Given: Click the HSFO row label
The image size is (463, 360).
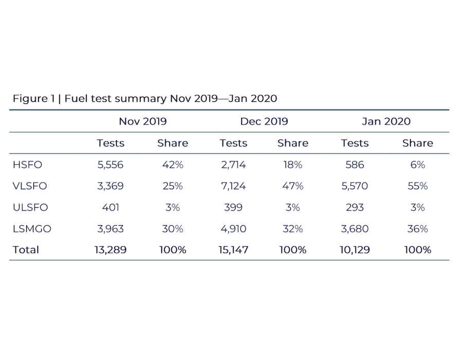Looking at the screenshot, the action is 27,165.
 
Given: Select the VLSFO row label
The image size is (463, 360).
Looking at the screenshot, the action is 30,186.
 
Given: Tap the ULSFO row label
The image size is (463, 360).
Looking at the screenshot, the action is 30,207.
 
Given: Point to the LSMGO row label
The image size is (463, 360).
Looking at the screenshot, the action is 32,229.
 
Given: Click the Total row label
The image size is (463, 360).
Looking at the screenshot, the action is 26,250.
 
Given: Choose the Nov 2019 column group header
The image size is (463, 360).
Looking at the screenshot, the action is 143,121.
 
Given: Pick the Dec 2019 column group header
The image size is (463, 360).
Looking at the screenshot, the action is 264,121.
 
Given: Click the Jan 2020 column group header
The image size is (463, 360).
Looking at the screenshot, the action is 386,121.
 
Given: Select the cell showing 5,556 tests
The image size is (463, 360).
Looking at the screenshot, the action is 111,165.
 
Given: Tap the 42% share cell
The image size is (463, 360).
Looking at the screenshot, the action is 173,165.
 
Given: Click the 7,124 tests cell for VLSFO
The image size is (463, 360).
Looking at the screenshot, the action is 233,186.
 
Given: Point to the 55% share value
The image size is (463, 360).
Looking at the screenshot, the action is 418,186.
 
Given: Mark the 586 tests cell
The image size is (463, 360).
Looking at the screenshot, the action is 354,165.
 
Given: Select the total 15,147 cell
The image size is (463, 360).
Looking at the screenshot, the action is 233,250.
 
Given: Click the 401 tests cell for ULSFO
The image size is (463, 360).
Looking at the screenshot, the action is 111,207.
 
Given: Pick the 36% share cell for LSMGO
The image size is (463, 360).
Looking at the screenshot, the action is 418,229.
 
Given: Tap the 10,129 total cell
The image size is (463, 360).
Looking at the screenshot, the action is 354,250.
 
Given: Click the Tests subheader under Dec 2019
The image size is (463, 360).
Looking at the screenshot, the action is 233,143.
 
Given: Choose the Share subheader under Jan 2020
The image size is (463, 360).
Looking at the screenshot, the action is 418,143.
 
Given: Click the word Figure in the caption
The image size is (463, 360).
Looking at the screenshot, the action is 30,99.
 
